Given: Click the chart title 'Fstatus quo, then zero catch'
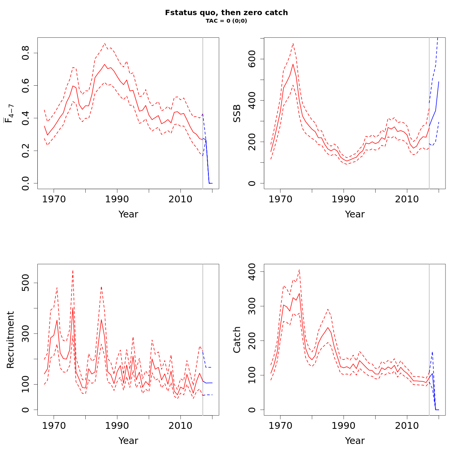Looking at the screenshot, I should click(226, 13).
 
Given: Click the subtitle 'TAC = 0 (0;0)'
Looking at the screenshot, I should click(226, 21).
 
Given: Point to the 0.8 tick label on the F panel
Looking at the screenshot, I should click(26, 53).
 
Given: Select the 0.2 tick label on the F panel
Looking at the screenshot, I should click(26, 151).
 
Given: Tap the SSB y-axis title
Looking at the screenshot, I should click(237, 113).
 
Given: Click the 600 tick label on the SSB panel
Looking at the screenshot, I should click(252, 59).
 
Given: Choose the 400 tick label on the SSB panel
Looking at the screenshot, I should click(252, 100).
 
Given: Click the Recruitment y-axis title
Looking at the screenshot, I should click(11, 339).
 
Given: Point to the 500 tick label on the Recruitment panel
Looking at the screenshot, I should click(26, 283).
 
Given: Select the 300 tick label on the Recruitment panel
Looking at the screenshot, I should click(26, 334).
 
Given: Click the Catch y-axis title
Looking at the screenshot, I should click(237, 339).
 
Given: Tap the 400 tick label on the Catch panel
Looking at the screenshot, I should click(252, 271).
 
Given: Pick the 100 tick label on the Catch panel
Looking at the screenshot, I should click(252, 375).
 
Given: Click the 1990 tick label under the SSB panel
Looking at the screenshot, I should click(344, 199).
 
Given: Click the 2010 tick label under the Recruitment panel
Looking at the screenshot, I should click(180, 426).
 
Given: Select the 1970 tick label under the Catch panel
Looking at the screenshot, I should click(280, 426).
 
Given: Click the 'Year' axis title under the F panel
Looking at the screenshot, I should click(128, 214).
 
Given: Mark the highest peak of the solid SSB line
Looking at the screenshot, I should click(293, 64).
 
